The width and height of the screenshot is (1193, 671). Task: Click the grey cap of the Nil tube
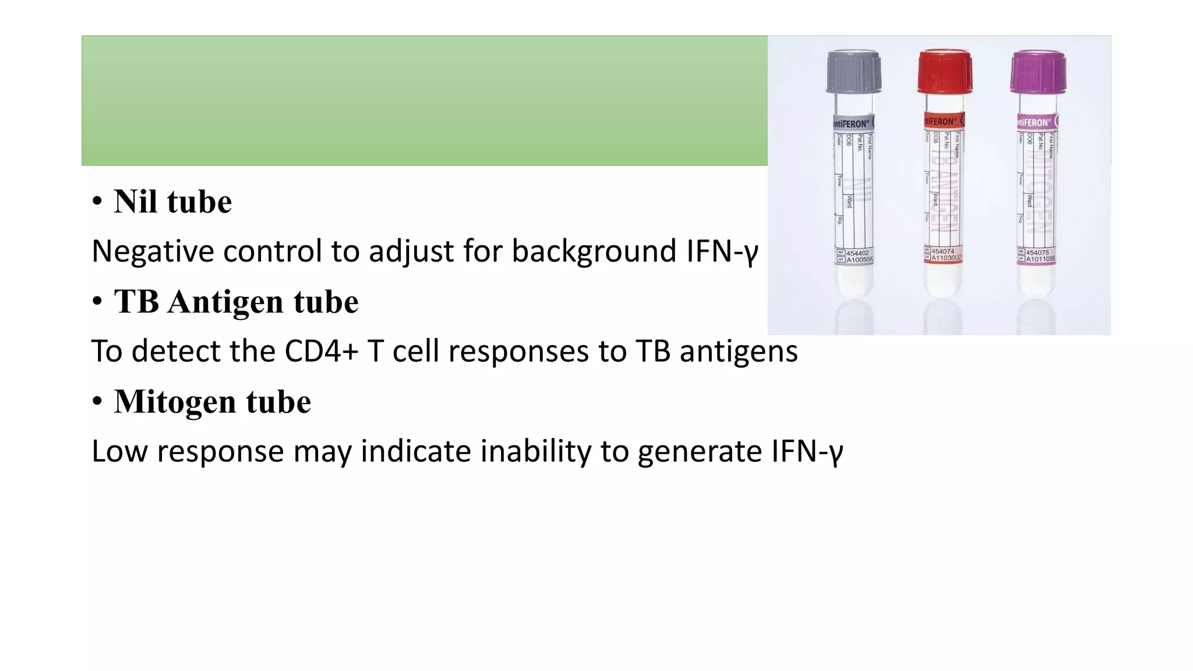pos(853,72)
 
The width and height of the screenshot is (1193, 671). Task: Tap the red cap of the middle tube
pos(944,72)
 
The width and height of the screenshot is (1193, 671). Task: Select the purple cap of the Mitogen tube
pos(1038,72)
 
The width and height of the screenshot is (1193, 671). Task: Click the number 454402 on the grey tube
pos(857,253)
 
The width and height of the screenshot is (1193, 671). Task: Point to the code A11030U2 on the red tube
pos(946,257)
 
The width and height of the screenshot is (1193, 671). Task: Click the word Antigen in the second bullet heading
pos(225,302)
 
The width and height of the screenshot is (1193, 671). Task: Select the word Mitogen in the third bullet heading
pos(175,402)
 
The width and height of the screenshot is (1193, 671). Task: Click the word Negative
pos(153,252)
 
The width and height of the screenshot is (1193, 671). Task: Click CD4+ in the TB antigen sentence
pos(320,352)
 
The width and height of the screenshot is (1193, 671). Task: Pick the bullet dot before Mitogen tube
pos(97,402)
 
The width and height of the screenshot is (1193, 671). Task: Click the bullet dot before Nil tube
pos(97,202)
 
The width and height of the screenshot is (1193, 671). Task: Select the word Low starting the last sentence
pos(119,452)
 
